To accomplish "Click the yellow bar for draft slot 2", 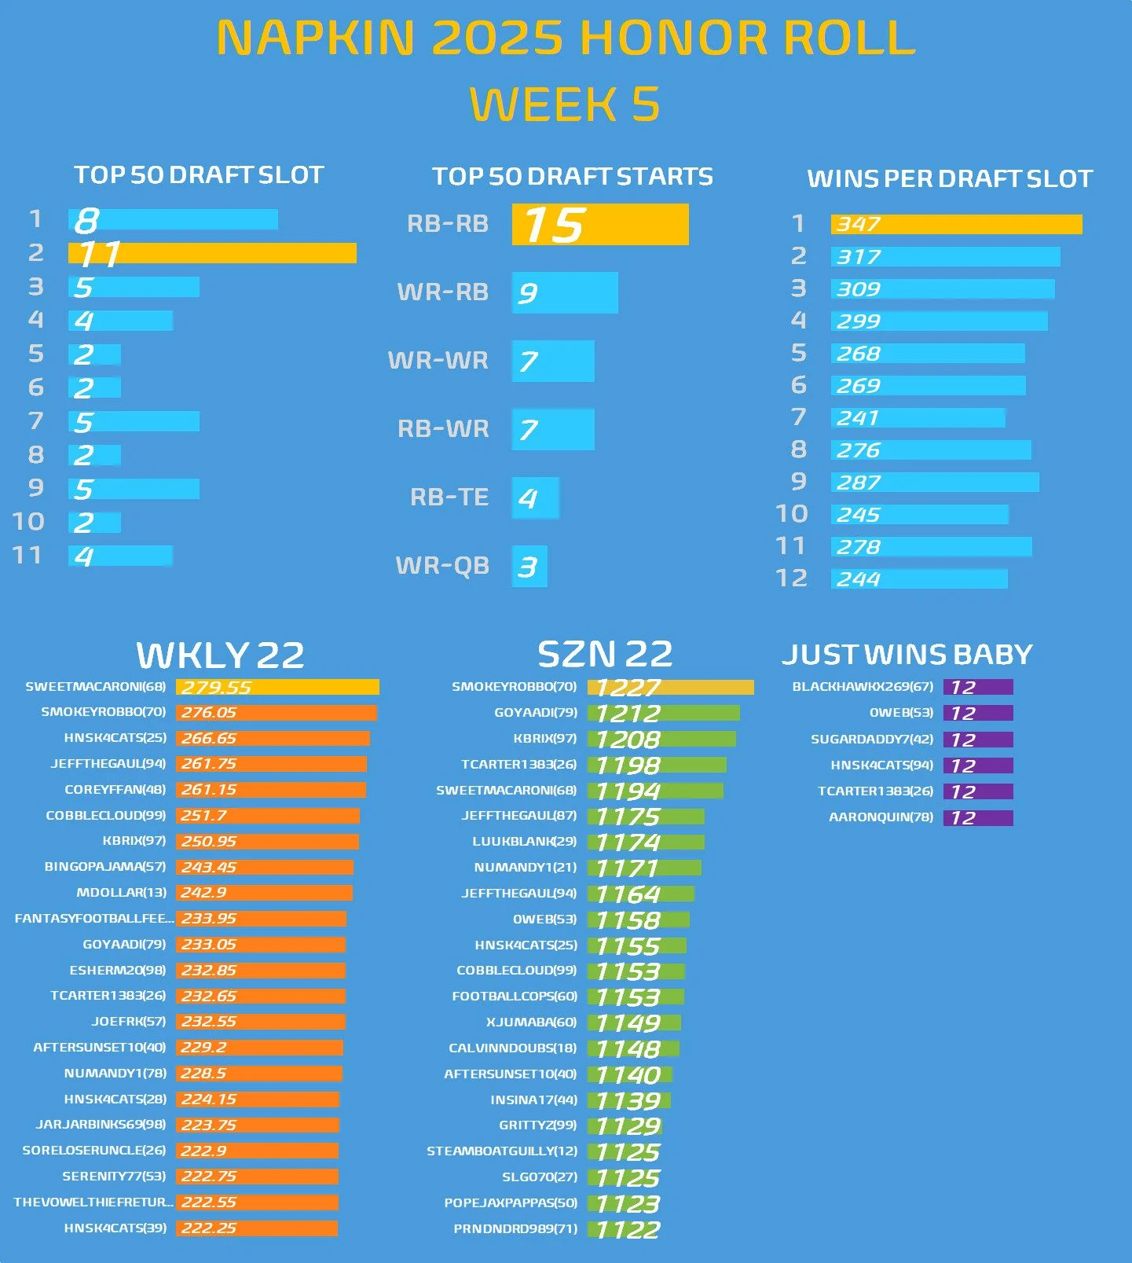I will click(212, 253).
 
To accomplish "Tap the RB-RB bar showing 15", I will click(600, 225).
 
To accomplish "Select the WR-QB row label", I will click(442, 566).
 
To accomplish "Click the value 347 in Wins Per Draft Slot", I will click(858, 225).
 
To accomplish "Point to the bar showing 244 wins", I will click(919, 579).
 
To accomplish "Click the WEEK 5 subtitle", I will click(565, 105).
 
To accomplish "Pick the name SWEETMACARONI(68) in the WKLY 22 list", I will click(96, 687).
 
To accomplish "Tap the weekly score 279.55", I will click(216, 688).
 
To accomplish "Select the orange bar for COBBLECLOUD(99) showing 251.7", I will click(267, 816).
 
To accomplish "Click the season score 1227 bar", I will click(670, 688).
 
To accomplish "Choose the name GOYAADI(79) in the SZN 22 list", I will click(535, 713).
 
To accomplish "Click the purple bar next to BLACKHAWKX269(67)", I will click(978, 687).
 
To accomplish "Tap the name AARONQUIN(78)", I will click(881, 817).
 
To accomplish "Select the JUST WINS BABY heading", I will click(907, 655).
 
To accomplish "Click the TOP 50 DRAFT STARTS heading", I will click(572, 176).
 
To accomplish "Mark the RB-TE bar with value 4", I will click(535, 497).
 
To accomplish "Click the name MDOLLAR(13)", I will click(121, 893).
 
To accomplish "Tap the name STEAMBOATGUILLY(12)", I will click(501, 1151).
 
